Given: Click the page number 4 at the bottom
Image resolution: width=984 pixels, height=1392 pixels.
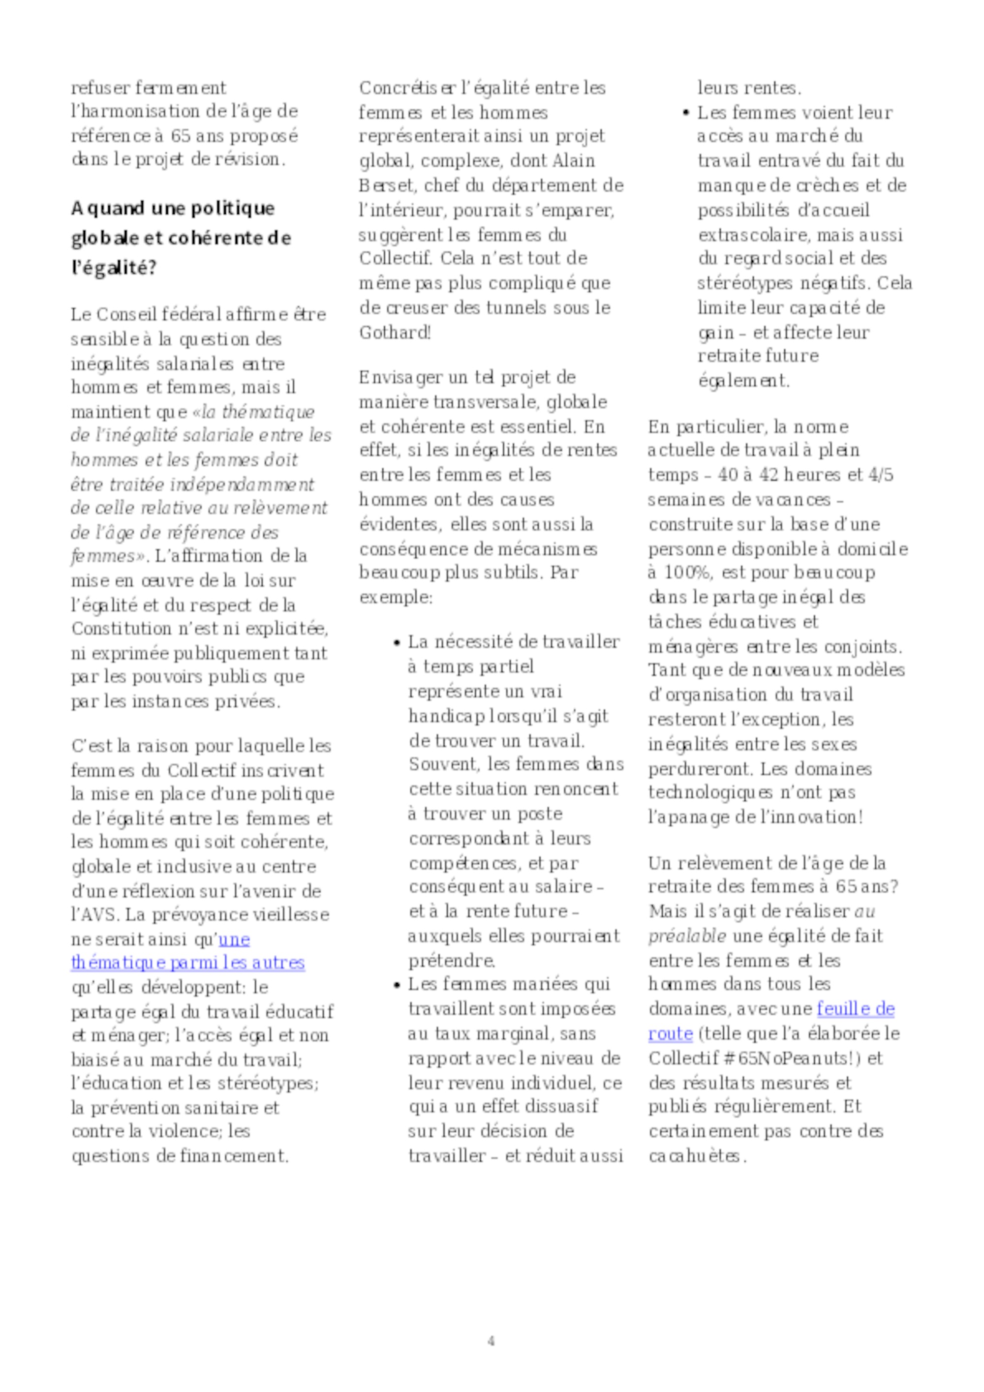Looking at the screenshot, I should tap(491, 1340).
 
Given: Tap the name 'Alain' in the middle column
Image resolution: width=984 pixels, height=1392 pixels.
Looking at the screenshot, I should tap(574, 161).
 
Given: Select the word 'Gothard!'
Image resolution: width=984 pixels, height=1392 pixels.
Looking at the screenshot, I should tap(395, 332).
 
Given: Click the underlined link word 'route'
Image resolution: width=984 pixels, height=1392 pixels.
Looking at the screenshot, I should tap(670, 1034).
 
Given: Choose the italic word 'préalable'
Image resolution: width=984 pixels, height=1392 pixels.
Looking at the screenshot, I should tap(687, 937).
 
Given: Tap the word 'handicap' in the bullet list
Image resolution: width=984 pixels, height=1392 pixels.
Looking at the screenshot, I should tap(445, 717).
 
